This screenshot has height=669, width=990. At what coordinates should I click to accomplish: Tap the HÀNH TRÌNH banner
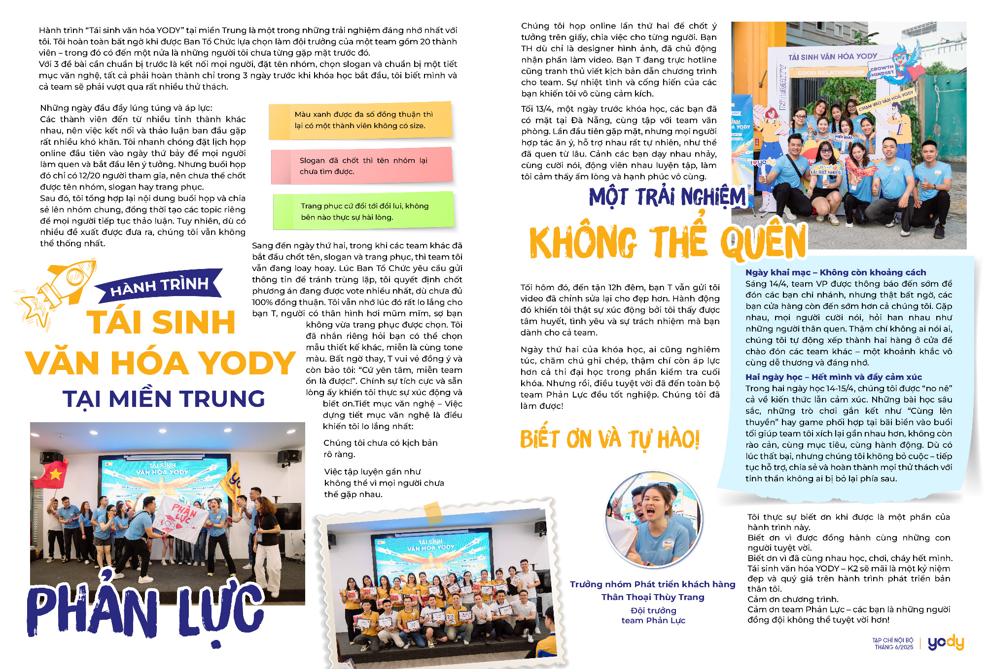(x=159, y=286)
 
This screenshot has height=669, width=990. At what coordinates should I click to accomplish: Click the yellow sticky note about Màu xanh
(x=360, y=120)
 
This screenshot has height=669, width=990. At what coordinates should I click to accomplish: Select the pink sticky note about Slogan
(x=361, y=166)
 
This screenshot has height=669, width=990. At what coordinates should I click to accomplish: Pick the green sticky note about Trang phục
(x=363, y=211)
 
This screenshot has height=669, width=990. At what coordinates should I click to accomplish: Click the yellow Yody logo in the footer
(x=946, y=643)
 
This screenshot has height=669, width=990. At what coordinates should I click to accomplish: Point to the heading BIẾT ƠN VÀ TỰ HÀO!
(x=609, y=439)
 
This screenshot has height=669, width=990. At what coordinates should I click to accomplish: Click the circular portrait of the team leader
(x=654, y=519)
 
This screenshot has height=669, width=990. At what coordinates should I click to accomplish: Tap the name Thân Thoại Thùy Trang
(x=653, y=597)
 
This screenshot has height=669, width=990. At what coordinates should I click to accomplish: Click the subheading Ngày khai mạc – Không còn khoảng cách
(x=835, y=272)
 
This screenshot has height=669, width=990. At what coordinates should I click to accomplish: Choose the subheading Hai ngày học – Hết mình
(x=833, y=377)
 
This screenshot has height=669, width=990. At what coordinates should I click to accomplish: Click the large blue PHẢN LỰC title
(x=145, y=611)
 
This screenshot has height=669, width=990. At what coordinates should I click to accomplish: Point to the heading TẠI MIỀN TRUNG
(x=164, y=399)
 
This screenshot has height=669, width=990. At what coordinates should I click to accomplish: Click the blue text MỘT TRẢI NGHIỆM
(x=668, y=197)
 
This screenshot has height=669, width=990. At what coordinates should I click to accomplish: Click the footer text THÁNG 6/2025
(x=894, y=647)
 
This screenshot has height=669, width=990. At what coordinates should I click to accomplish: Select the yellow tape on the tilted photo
(x=433, y=513)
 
